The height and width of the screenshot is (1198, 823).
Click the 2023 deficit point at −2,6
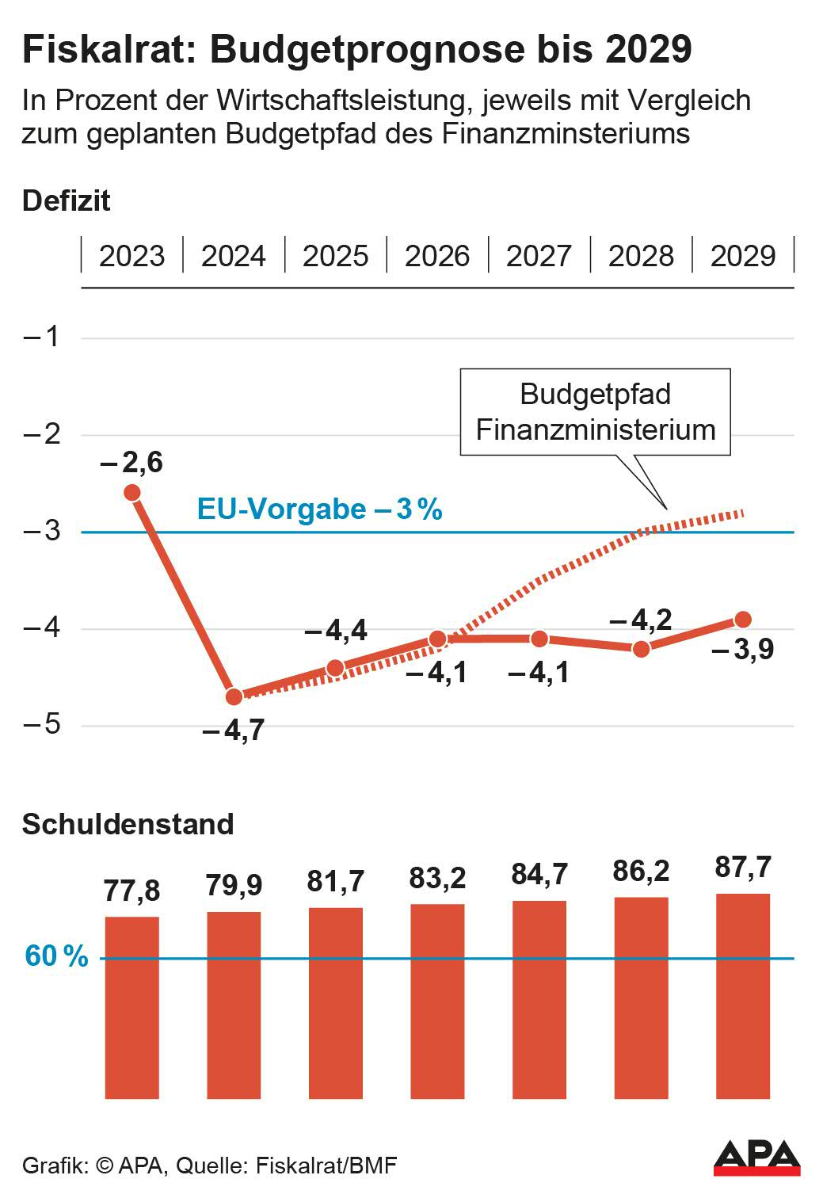[x=132, y=493]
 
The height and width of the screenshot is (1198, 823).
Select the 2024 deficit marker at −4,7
[x=234, y=696]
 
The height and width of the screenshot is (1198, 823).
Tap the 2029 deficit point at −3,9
[x=743, y=620]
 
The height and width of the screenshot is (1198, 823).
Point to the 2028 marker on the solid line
[x=641, y=649]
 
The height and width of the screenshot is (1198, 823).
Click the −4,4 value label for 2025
[x=336, y=631]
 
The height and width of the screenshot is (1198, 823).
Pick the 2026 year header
[x=437, y=256]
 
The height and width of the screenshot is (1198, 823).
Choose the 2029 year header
[x=743, y=256]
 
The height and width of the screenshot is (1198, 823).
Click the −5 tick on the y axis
[x=42, y=725]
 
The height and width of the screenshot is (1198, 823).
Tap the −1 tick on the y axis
[x=42, y=337]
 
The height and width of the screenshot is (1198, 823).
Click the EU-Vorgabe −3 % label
[x=319, y=509]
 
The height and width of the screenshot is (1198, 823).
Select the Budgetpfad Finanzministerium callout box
[x=595, y=412]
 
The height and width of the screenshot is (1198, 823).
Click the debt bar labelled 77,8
[x=132, y=1006]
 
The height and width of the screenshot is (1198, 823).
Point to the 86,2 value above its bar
[x=641, y=871]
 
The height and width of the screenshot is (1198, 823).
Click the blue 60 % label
[x=56, y=956]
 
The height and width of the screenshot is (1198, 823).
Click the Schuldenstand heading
[x=128, y=824]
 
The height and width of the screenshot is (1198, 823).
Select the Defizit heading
[x=67, y=200]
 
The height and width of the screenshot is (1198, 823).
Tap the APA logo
[x=756, y=1158]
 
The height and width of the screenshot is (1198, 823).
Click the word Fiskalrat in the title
[x=109, y=49]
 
